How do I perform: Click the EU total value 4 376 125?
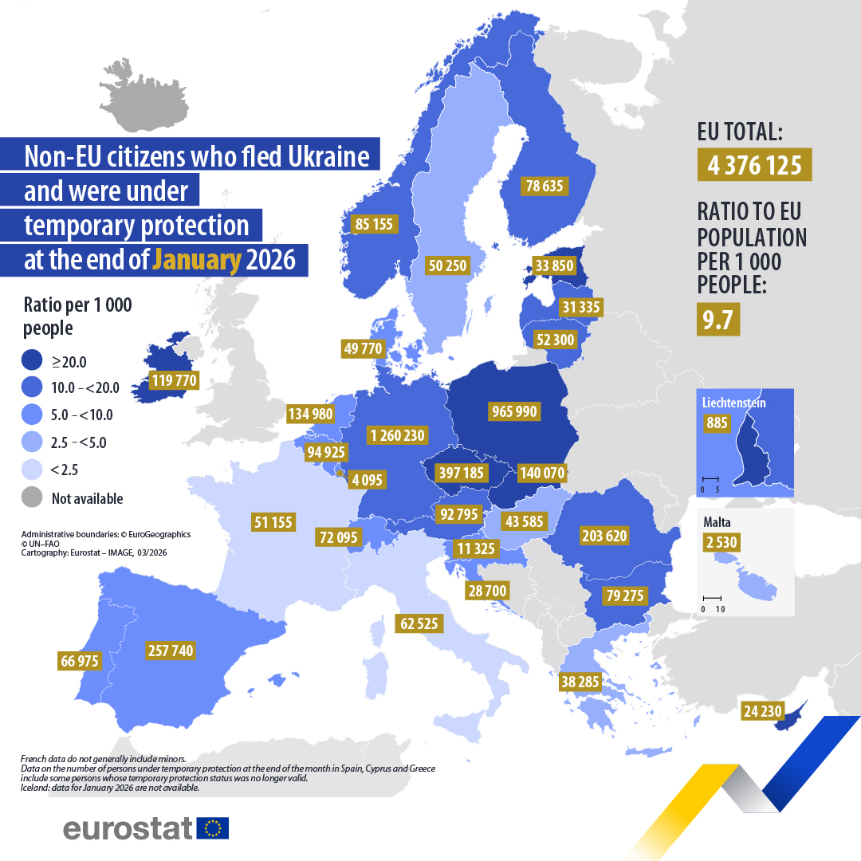pos(754,165)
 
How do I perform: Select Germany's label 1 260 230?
pos(398,435)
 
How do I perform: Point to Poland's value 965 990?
pos(513,411)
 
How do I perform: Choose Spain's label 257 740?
pos(171,651)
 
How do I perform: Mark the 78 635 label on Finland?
pos(545,186)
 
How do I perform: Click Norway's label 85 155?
pos(374,224)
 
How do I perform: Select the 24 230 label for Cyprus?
pos(763,710)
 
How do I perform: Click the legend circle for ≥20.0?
pos(32,361)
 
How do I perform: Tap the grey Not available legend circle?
pos(32,498)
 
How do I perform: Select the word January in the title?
pos(197,260)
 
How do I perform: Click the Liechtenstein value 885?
pos(717,423)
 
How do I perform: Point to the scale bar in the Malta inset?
pos(712,597)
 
